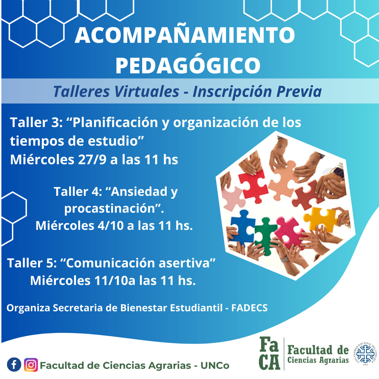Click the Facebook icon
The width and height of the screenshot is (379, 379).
(x=14, y=365)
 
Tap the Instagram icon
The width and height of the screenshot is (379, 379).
(x=31, y=365)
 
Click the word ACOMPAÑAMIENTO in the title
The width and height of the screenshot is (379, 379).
(x=185, y=35)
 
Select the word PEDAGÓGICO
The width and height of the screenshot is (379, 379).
(x=188, y=66)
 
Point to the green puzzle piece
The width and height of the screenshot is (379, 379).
(x=265, y=236)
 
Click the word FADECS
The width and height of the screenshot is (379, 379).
(x=250, y=308)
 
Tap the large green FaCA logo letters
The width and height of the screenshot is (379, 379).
(x=269, y=353)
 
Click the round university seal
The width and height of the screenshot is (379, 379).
(x=365, y=354)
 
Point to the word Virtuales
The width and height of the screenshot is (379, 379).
(x=146, y=92)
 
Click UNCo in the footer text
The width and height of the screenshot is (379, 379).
(x=215, y=365)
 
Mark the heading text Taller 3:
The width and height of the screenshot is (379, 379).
(x=36, y=122)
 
